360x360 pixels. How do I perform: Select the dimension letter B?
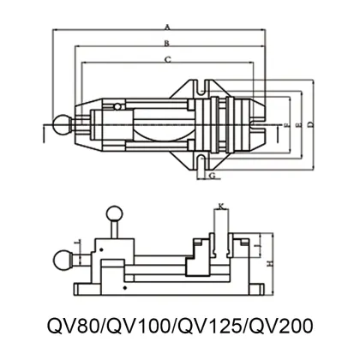coord(168,42)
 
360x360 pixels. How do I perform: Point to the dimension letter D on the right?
coord(309,126)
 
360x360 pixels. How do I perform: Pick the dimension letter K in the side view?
coord(220,206)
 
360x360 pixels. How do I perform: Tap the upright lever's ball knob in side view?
coord(113,214)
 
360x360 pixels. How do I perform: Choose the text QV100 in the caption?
coord(139,327)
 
